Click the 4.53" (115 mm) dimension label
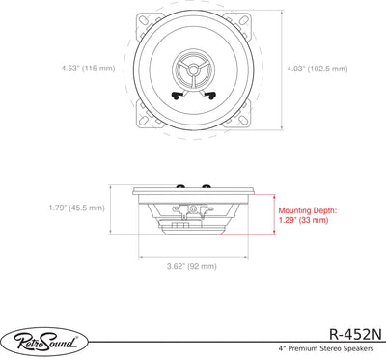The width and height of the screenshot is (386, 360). pos(88,69)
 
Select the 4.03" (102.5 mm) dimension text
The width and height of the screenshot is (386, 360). pos(317,69)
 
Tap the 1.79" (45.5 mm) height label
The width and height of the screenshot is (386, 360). pos(77,208)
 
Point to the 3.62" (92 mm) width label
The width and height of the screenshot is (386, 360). pos(192,266)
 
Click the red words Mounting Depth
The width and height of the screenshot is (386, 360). pos(308,210)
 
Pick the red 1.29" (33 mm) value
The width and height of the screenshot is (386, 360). pos(303,220)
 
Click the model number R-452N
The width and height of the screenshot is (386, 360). pos(356,335)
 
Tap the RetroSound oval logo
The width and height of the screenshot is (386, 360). pos(44,342)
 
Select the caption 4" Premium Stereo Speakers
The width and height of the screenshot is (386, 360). pos(326,348)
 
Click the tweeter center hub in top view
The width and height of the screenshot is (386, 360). pos(193,69)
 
